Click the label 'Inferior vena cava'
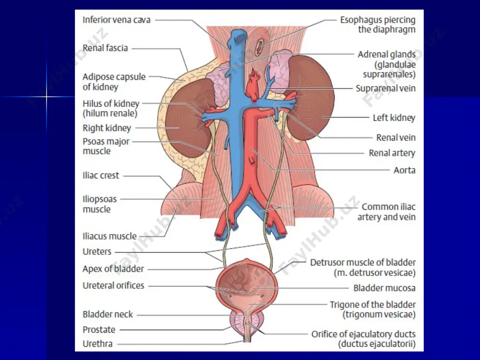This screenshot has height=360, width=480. [117, 20]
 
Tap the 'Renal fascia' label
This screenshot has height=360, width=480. [105, 48]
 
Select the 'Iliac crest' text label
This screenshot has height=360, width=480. [101, 175]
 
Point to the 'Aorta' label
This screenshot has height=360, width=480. [404, 170]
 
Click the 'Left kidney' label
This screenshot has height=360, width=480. [394, 118]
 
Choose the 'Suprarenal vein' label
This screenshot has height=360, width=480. [386, 88]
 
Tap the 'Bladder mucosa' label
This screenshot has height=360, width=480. [384, 288]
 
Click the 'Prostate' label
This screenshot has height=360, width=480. [99, 330]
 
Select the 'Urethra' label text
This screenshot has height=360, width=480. [97, 344]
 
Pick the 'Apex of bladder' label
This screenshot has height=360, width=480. [113, 269]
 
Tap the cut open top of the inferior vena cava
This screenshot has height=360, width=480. [239, 37]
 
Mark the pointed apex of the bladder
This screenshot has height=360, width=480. [247, 261]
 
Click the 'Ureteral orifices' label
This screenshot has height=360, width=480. [113, 286]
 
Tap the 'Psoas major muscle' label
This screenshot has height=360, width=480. [106, 146]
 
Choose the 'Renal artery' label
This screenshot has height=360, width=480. [392, 153]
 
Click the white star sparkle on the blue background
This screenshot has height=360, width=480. [47, 97]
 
